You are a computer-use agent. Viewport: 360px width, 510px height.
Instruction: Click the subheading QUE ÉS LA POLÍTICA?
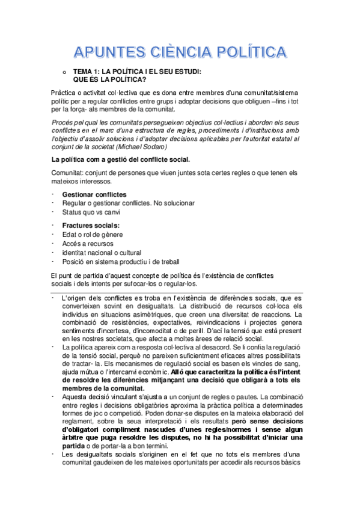click(109, 78)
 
